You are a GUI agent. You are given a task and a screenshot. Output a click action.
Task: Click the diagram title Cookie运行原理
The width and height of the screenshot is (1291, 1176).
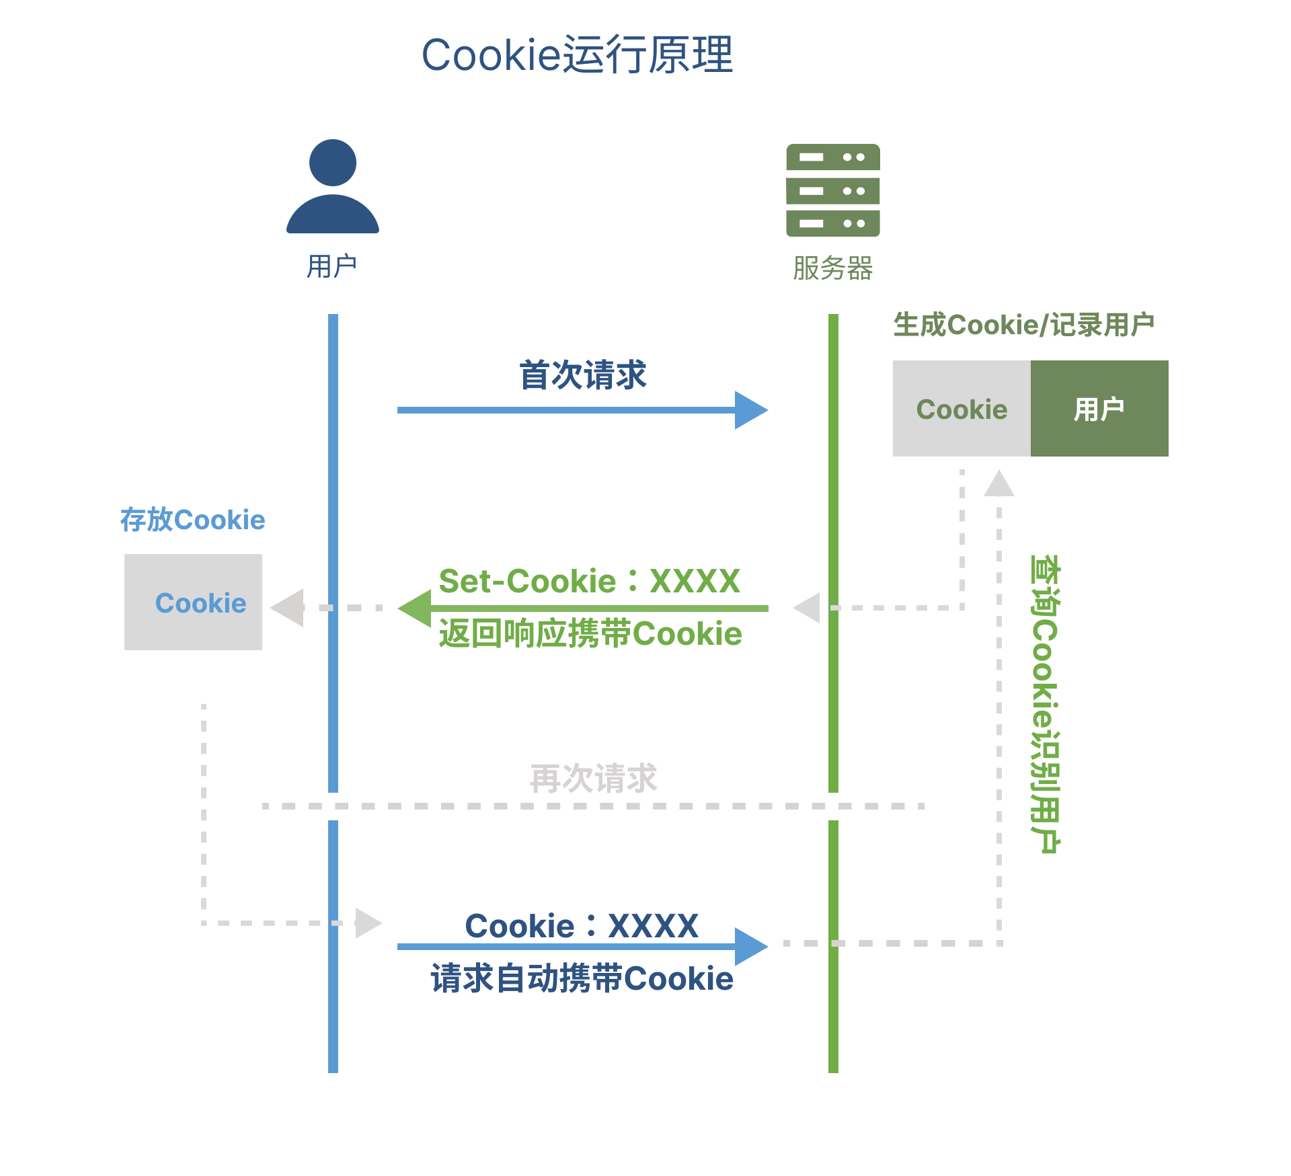coord(577,55)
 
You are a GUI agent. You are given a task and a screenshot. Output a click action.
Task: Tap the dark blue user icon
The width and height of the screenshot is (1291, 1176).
coord(333,186)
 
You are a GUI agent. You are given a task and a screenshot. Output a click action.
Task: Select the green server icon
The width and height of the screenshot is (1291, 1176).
coord(833,190)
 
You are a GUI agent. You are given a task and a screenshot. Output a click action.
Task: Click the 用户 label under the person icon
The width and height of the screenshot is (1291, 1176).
coord(331,266)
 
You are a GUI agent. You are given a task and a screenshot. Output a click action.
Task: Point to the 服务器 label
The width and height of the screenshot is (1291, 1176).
coord(832,268)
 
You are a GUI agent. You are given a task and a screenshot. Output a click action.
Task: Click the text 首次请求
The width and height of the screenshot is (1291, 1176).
coord(582,375)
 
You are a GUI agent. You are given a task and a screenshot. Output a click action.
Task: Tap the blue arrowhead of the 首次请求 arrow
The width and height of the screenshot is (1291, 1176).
coord(750,410)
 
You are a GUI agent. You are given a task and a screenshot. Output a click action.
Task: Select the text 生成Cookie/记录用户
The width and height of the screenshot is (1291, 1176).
coord(1023,325)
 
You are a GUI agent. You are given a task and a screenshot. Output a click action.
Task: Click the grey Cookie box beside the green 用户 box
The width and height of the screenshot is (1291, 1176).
coord(962,409)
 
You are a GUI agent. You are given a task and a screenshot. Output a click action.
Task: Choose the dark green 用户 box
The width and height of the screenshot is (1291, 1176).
coord(1099,409)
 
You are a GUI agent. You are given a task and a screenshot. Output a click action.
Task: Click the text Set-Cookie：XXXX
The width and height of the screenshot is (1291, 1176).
coord(589,581)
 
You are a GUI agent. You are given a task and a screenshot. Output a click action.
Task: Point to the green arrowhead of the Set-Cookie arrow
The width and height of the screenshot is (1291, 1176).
coord(415,609)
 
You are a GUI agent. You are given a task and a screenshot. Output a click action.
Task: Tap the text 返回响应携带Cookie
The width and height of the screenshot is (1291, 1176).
coord(590,634)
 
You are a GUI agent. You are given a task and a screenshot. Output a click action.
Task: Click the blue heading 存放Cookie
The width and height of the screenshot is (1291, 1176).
coord(193,520)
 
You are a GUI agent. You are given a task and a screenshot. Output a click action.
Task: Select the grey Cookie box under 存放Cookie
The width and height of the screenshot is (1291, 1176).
coord(194,602)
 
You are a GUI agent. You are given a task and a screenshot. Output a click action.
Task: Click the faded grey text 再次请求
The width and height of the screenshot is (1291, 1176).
coord(593,779)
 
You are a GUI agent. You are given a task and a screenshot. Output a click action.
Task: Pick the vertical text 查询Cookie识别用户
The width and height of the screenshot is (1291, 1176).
coord(1045,703)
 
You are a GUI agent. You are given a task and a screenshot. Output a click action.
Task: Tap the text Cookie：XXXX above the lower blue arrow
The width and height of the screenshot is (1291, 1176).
coord(582,926)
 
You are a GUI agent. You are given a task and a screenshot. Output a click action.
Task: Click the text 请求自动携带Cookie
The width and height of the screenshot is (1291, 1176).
coord(582,978)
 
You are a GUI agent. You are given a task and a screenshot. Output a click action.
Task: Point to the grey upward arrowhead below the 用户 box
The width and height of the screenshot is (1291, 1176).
coord(999,483)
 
